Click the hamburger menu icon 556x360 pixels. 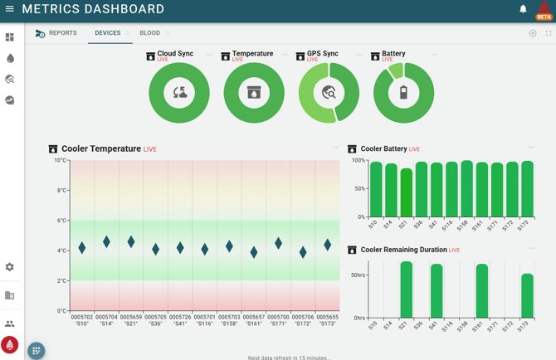pos(10,10)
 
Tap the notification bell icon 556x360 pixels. pos(523,10)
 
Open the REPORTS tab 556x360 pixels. pos(62,33)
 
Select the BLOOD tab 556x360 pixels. pos(149,33)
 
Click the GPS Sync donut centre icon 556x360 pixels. pos(329,93)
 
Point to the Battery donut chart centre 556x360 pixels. pos(403,93)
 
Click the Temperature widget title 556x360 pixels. pos(252,54)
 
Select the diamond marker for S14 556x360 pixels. pos(106,241)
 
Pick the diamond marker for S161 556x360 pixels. pos(254,252)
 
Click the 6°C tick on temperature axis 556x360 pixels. pos(61,221)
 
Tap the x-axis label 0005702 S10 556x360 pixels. pos(82,320)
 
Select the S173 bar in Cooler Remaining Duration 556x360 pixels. pos(527,296)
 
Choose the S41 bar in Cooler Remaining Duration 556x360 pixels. pos(437,291)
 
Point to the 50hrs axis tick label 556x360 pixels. pos(358,275)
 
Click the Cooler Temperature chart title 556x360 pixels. pos(100,149)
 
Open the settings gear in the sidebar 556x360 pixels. pos(10,267)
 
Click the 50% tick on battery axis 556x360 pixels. pos(358,189)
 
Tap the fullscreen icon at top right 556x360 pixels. pos(548,33)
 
